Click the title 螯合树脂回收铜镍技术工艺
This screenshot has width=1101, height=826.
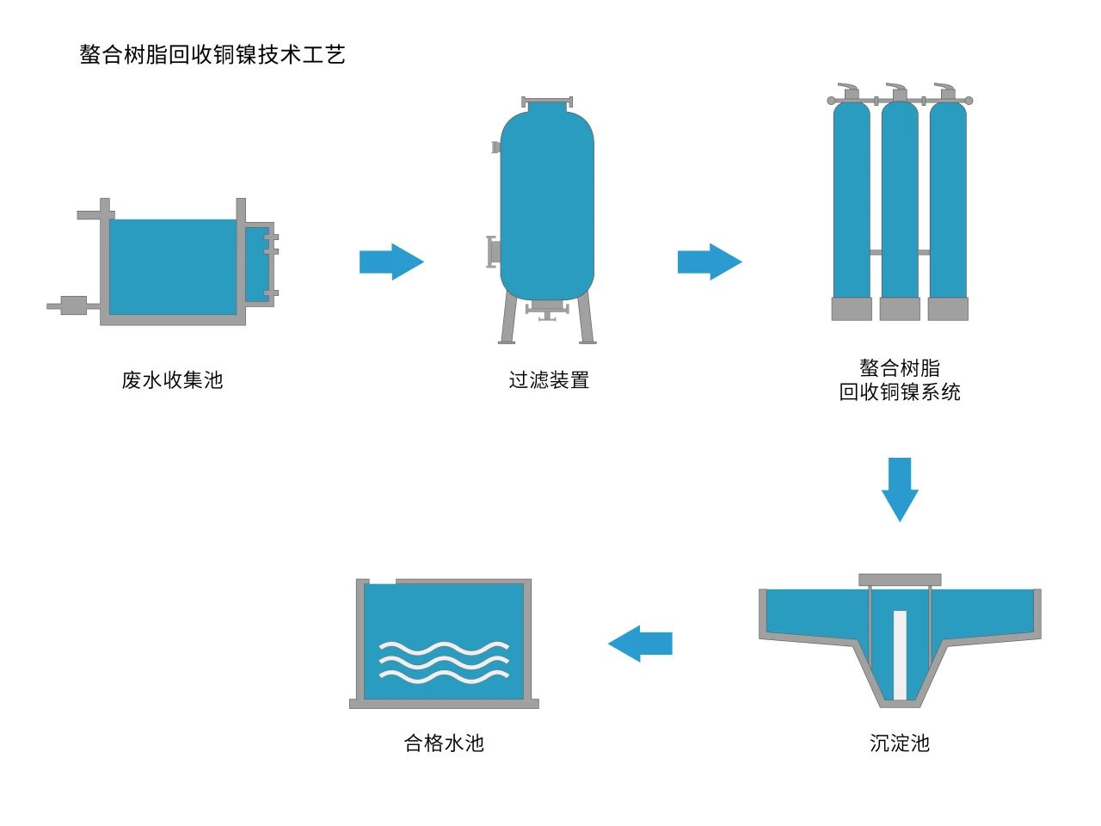212,55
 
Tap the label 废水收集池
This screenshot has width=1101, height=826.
172,380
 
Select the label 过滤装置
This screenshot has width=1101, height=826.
549,380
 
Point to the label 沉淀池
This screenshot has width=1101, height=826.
900,743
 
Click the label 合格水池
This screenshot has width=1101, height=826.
444,743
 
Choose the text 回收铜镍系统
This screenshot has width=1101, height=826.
900,392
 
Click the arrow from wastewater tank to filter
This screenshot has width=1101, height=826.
391,262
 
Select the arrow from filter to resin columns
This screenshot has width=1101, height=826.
710,262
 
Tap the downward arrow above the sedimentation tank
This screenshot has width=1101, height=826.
900,489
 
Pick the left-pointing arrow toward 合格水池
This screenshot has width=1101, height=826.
640,644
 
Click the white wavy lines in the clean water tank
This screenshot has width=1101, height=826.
444,663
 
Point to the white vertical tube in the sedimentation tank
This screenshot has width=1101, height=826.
900,654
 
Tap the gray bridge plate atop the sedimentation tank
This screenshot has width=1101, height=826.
900,580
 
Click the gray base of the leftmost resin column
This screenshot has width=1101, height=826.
852,309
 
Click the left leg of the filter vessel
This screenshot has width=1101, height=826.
508,320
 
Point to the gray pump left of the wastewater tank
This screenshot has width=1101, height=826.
73,305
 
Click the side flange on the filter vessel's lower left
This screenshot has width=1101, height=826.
494,251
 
